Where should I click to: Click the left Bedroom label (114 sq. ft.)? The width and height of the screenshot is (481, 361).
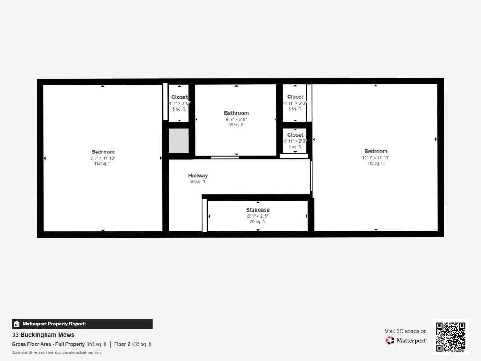(103, 152)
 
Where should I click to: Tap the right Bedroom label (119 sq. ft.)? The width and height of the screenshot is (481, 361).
(376, 152)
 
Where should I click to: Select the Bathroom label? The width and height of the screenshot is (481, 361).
(236, 113)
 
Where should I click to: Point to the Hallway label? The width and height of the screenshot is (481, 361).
(198, 176)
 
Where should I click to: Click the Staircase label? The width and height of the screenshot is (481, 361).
(258, 210)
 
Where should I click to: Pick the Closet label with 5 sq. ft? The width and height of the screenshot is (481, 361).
(179, 97)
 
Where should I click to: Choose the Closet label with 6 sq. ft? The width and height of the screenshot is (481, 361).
(295, 97)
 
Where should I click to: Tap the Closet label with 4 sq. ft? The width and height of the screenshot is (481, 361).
(295, 135)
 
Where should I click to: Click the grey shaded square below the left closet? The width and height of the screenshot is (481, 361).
(179, 140)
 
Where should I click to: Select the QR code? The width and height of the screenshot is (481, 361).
(451, 337)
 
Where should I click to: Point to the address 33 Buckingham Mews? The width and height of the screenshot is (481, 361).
(43, 335)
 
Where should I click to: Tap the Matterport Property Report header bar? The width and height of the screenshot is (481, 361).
(82, 324)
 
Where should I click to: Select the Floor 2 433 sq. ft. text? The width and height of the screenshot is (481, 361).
(133, 344)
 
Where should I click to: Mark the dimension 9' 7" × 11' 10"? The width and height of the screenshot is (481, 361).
(103, 158)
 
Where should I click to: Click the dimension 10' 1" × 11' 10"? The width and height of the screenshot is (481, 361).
(376, 158)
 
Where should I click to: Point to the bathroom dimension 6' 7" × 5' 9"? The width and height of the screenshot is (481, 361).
(236, 120)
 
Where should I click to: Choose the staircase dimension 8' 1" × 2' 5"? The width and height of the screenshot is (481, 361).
(258, 216)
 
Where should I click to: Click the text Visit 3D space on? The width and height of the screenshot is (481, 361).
(406, 331)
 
